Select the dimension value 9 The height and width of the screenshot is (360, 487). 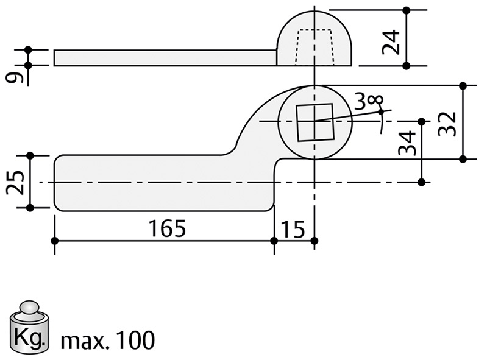click(x=16, y=77)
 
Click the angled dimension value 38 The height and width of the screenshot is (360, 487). click(x=368, y=101)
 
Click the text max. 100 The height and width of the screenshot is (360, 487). click(x=107, y=340)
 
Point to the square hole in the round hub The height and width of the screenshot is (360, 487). click(x=315, y=121)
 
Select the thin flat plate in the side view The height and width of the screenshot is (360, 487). click(x=165, y=57)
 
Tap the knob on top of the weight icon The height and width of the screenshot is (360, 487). click(x=29, y=306)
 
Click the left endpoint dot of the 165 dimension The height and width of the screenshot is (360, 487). click(x=55, y=241)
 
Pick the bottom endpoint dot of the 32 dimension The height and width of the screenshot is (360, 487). click(x=463, y=159)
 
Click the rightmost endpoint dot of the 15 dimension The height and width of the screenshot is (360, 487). click(x=314, y=241)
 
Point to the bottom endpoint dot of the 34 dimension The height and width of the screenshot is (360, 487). click(x=421, y=182)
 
